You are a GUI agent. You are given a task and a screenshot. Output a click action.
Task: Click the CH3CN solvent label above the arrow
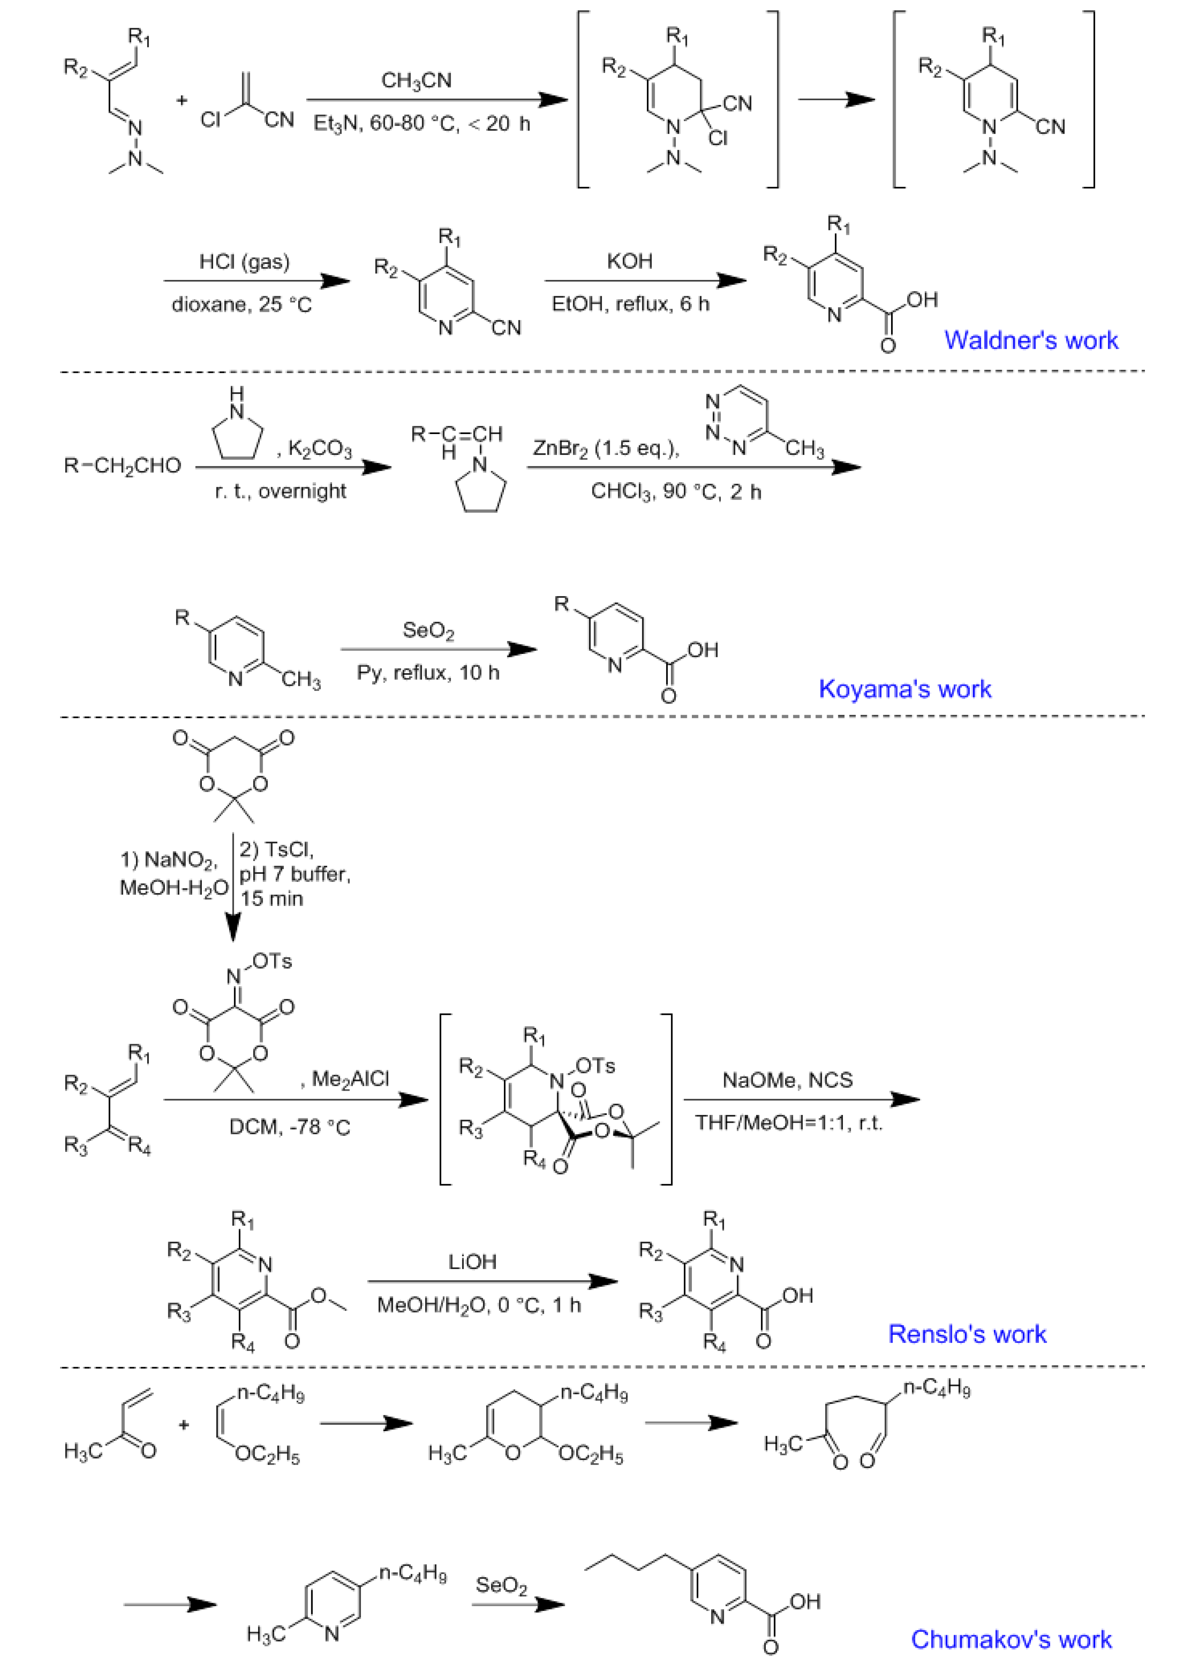point(416,80)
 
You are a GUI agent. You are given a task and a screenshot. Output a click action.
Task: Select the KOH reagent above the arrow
point(629,262)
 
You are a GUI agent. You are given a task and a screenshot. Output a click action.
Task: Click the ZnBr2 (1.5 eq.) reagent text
point(605,449)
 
